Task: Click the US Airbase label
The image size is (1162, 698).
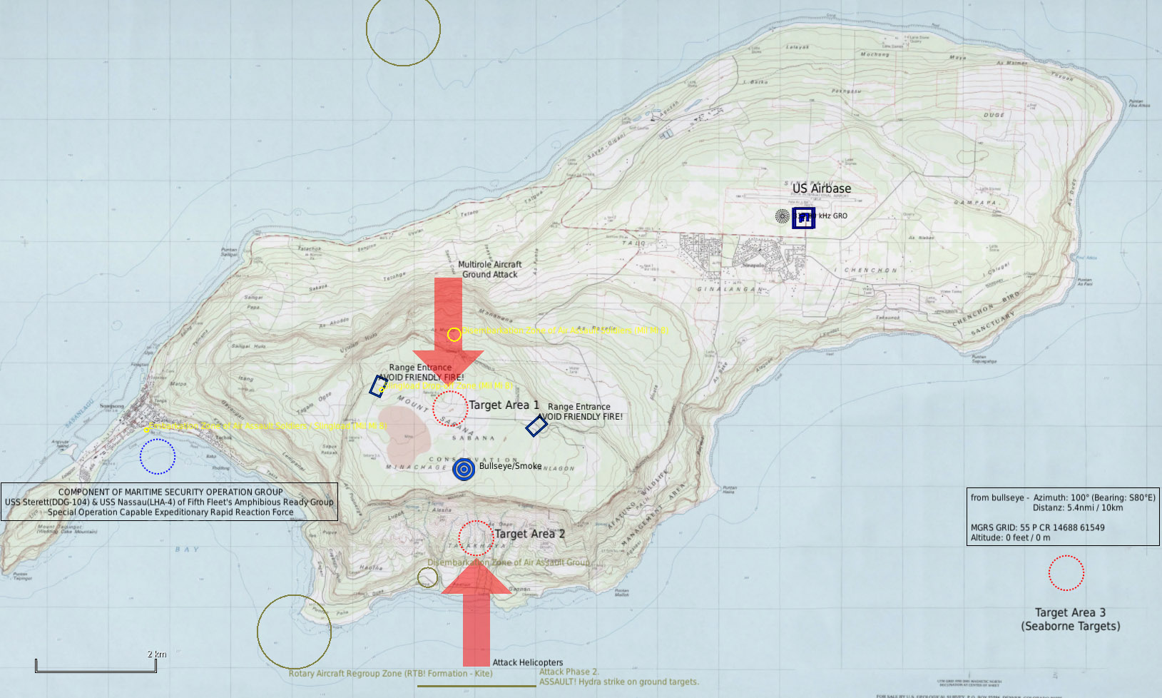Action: pyautogui.click(x=821, y=188)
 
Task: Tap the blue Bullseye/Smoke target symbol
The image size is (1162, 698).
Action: pyautogui.click(x=464, y=469)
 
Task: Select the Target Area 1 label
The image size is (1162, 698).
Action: pyautogui.click(x=504, y=405)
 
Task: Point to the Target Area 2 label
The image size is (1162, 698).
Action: pyautogui.click(x=529, y=534)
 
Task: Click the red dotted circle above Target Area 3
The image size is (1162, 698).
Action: pyautogui.click(x=1066, y=572)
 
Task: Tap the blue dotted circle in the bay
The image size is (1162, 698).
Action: pyautogui.click(x=158, y=456)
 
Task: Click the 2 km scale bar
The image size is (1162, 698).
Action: pyautogui.click(x=96, y=669)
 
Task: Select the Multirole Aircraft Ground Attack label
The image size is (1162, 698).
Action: pyautogui.click(x=489, y=269)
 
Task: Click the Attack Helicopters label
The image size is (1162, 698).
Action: pyautogui.click(x=527, y=662)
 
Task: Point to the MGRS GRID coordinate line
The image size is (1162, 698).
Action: pyautogui.click(x=1037, y=527)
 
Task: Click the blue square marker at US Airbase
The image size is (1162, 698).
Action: pyautogui.click(x=803, y=218)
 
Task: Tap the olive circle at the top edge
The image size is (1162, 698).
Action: pyautogui.click(x=403, y=30)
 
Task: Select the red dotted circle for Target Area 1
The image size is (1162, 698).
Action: pyautogui.click(x=450, y=408)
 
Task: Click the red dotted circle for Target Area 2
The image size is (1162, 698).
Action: pyautogui.click(x=475, y=538)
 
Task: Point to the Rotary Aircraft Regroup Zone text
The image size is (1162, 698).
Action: pyautogui.click(x=390, y=673)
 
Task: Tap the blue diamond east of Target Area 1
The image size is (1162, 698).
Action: pyautogui.click(x=536, y=426)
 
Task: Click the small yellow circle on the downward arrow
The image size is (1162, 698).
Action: pyautogui.click(x=454, y=334)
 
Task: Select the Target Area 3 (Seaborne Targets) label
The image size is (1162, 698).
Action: pyautogui.click(x=1070, y=619)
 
